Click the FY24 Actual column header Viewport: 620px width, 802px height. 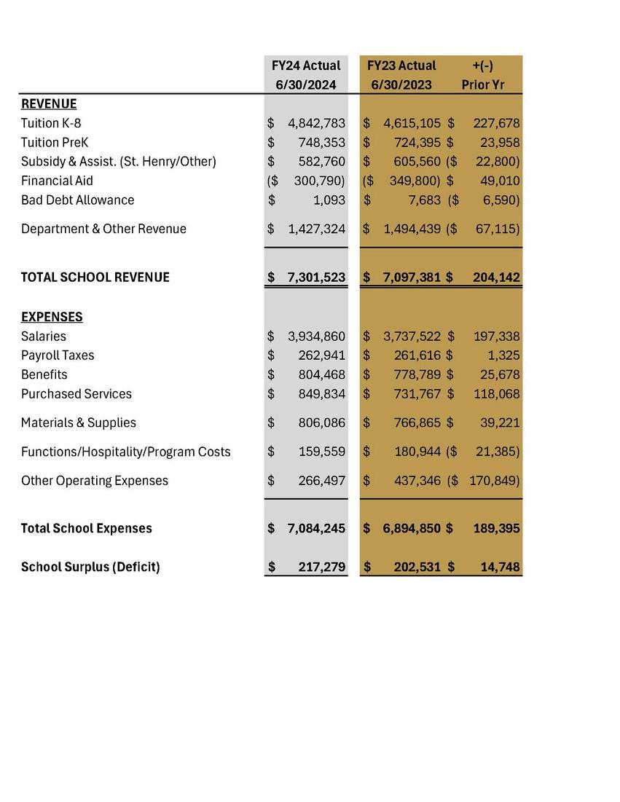tap(306, 66)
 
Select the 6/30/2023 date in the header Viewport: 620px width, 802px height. tap(401, 84)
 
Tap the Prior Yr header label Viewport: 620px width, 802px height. tap(483, 84)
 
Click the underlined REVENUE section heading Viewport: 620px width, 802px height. tap(49, 104)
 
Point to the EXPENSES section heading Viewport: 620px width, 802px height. tap(52, 317)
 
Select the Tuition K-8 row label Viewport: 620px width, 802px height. tap(51, 123)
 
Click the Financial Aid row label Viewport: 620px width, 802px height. tap(57, 181)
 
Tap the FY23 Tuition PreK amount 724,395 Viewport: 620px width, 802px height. tap(412, 142)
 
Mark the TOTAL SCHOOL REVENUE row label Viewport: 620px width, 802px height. tap(95, 277)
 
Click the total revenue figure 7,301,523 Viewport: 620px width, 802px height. tap(317, 277)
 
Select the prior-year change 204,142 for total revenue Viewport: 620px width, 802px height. tap(496, 277)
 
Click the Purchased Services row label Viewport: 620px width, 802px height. tap(76, 393)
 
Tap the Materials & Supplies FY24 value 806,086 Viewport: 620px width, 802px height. tap(322, 422)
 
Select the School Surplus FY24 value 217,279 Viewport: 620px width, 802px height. tap(322, 566)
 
